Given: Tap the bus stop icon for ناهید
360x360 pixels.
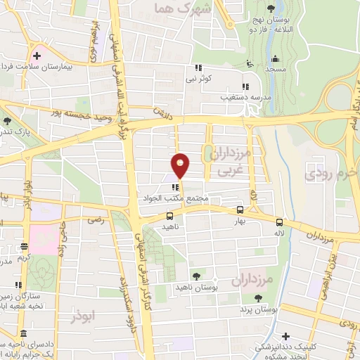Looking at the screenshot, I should [x=169, y=217].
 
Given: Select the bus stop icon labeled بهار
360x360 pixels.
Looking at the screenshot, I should [x=240, y=210].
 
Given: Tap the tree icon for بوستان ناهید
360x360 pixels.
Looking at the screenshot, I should [x=195, y=276].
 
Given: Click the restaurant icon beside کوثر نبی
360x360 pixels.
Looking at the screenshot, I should [x=198, y=69].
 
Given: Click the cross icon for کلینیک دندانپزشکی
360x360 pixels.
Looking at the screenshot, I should [x=285, y=335].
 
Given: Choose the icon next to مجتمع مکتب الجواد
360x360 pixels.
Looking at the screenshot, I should [x=174, y=187].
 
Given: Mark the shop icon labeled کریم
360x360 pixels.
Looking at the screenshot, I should [x=24, y=246].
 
